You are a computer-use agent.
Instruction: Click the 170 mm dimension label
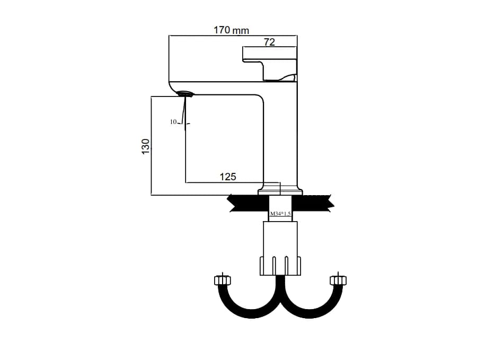coord(231,30)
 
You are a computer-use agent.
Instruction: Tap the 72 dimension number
coord(270,42)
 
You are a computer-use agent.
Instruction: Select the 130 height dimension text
coord(146,146)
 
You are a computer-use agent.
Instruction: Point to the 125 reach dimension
coord(228,177)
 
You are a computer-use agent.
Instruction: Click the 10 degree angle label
coord(173,122)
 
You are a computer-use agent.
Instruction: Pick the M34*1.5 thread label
coord(280,214)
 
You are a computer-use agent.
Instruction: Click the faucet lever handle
coord(270,64)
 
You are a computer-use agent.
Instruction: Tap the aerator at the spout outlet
coord(185,93)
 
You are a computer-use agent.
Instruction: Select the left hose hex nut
coord(223,280)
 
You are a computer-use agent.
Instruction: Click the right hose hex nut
coord(338,280)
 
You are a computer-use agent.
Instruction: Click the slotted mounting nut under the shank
coord(280,266)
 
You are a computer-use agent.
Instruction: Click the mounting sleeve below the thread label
coord(280,239)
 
